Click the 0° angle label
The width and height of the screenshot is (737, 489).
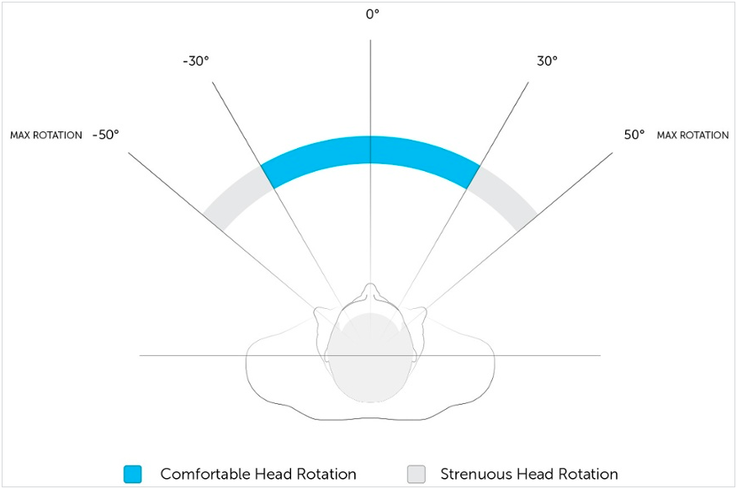[x=371, y=15]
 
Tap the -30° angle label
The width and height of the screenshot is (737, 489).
[x=195, y=61]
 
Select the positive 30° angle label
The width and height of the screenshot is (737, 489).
[x=547, y=61]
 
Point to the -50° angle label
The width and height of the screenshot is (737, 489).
[x=105, y=135]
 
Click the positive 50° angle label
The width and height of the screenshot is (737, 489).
[x=634, y=135]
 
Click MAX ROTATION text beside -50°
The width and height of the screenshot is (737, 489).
[x=46, y=136]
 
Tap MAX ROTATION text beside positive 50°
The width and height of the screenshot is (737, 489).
[x=692, y=136]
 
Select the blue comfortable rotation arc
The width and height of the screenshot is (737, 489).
[x=370, y=150]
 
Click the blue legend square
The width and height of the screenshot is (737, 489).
[x=132, y=474]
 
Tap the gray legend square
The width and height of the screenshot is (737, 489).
[x=416, y=474]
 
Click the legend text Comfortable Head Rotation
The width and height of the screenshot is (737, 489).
[x=258, y=474]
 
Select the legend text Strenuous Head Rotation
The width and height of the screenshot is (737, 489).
[x=529, y=474]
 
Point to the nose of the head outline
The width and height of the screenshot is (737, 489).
[x=370, y=291]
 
